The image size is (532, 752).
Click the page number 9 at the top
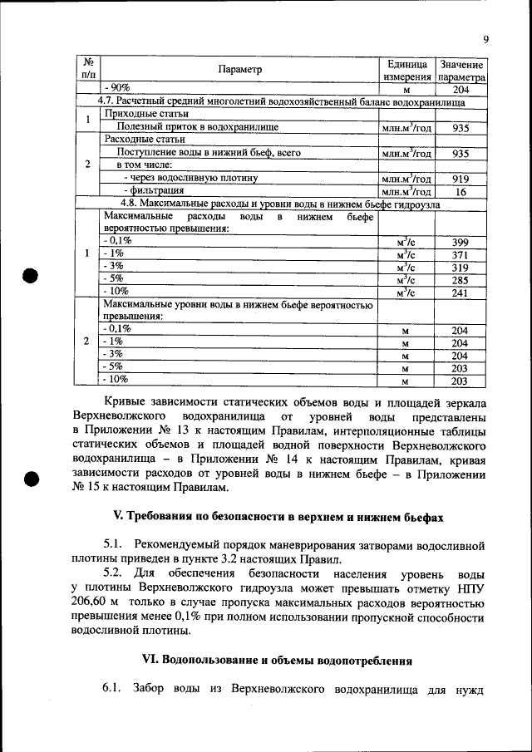click(485, 37)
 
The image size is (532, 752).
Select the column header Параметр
click(239, 71)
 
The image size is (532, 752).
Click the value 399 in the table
click(460, 240)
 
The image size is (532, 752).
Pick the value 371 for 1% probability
click(460, 253)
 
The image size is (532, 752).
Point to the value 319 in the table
click(460, 267)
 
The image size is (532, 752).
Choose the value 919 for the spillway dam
click(460, 178)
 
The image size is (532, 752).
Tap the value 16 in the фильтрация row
click(460, 191)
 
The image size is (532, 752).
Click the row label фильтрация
click(148, 191)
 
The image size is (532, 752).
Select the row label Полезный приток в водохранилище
click(197, 128)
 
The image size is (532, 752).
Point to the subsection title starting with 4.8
click(281, 204)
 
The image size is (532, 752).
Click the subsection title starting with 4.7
click(281, 102)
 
